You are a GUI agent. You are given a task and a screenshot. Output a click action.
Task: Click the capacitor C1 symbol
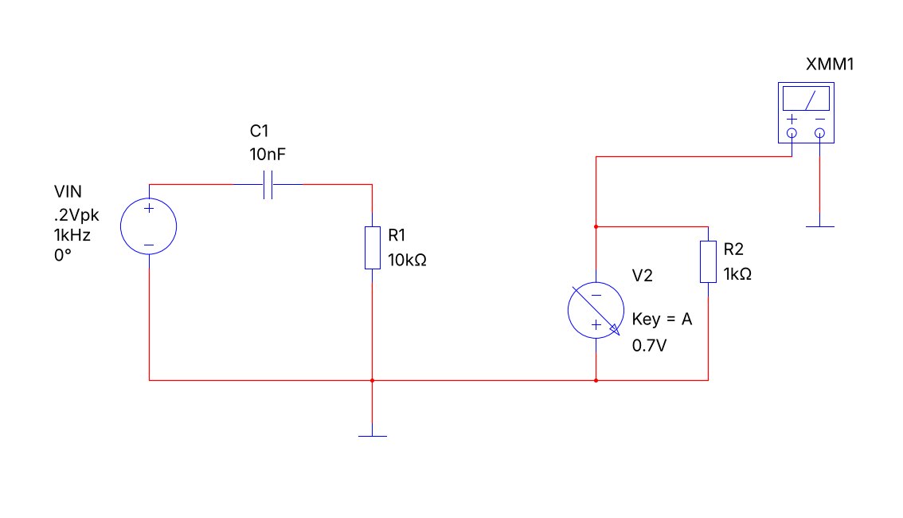tap(268, 184)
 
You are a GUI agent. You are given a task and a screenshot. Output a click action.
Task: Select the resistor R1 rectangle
tap(373, 248)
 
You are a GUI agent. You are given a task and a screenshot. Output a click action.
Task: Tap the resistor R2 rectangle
tap(709, 261)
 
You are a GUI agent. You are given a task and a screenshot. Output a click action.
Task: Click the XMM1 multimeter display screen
tap(806, 99)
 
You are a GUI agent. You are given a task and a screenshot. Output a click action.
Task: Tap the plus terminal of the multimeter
tap(792, 134)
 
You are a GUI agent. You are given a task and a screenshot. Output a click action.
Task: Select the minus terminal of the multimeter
tap(820, 134)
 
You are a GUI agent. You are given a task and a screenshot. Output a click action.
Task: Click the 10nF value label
tap(268, 155)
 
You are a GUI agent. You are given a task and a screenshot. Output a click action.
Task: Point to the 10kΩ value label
tap(407, 260)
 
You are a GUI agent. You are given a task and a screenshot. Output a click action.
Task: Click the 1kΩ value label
tap(737, 273)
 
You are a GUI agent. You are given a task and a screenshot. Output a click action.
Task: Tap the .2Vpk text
tap(76, 215)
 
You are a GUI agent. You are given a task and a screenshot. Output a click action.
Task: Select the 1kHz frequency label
tap(72, 235)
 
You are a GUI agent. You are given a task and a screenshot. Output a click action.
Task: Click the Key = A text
tap(662, 320)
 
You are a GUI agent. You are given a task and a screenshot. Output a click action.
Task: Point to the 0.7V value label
tap(649, 345)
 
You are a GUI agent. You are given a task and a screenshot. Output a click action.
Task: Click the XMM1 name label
tap(830, 64)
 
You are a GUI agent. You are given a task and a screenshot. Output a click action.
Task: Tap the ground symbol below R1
tap(373, 436)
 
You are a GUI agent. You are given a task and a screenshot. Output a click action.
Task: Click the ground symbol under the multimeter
tap(820, 226)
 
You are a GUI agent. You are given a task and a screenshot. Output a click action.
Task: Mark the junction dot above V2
tap(596, 227)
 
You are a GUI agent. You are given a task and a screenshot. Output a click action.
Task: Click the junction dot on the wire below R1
tap(373, 380)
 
